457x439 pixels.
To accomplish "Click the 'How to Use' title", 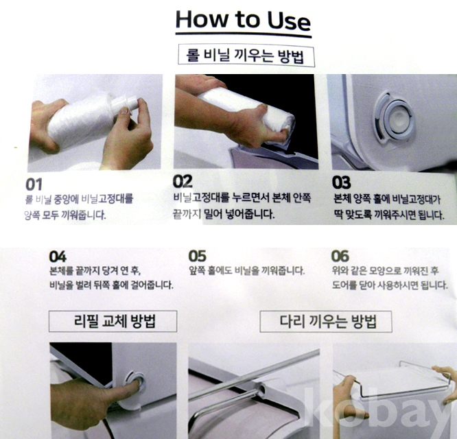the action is (244, 21).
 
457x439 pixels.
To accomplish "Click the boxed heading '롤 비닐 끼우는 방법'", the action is (246, 56).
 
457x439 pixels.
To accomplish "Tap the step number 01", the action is (34, 185).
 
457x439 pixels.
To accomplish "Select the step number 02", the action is (183, 182).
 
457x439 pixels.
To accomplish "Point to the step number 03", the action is (341, 182).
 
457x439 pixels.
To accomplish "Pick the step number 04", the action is (58, 257).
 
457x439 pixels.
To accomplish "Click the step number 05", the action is (198, 256).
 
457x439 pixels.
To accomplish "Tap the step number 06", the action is (340, 256).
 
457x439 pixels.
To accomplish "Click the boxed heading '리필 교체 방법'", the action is (113, 321).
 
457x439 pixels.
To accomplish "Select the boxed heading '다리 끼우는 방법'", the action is (326, 322).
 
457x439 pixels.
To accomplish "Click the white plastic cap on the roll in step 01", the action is (124, 104).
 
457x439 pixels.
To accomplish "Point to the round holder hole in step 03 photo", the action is (395, 119).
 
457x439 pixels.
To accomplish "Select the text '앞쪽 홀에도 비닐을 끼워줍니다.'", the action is (246, 271).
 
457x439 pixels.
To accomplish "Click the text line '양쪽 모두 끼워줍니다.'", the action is (65, 215).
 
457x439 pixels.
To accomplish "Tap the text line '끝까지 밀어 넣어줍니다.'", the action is (224, 214).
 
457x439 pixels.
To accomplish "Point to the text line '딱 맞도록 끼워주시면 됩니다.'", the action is (389, 215).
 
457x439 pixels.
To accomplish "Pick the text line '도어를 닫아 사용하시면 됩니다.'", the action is (390, 285).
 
